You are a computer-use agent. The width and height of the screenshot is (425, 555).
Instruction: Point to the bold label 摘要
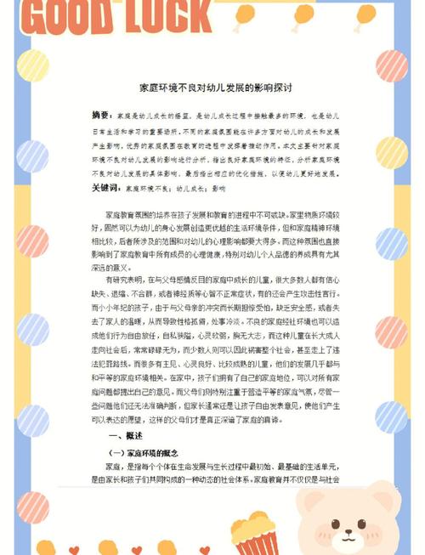coord(101,115)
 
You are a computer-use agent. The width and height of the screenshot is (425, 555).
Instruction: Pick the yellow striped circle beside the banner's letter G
coord(32,65)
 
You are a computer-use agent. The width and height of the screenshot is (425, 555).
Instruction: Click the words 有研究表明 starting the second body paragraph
coord(122,278)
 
